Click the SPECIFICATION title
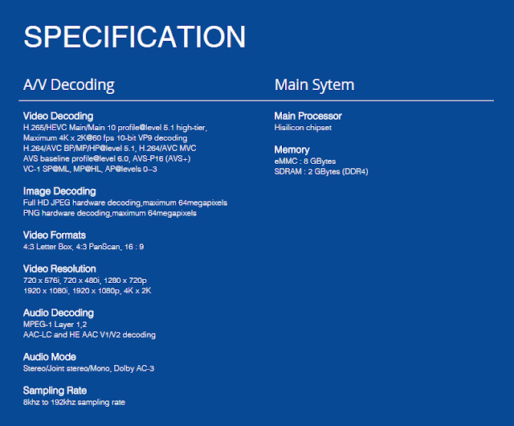[x=134, y=36]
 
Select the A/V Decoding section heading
[x=69, y=85]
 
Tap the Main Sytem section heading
[x=314, y=85]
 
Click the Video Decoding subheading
[x=58, y=117]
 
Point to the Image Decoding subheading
[x=59, y=191]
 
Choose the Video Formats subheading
[x=55, y=235]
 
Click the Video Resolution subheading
[x=59, y=268]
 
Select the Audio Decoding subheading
[x=59, y=313]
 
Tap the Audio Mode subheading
[x=50, y=357]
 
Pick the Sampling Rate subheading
[x=55, y=391]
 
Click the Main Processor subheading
[x=308, y=116]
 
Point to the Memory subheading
[x=292, y=150]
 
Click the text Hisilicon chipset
[x=303, y=128]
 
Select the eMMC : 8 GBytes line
[x=305, y=162]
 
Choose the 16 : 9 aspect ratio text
[x=134, y=247]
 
